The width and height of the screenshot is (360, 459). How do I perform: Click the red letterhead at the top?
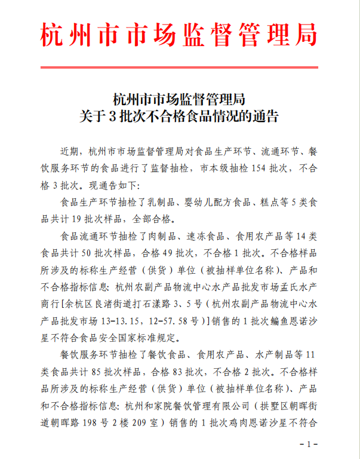click(179, 36)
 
